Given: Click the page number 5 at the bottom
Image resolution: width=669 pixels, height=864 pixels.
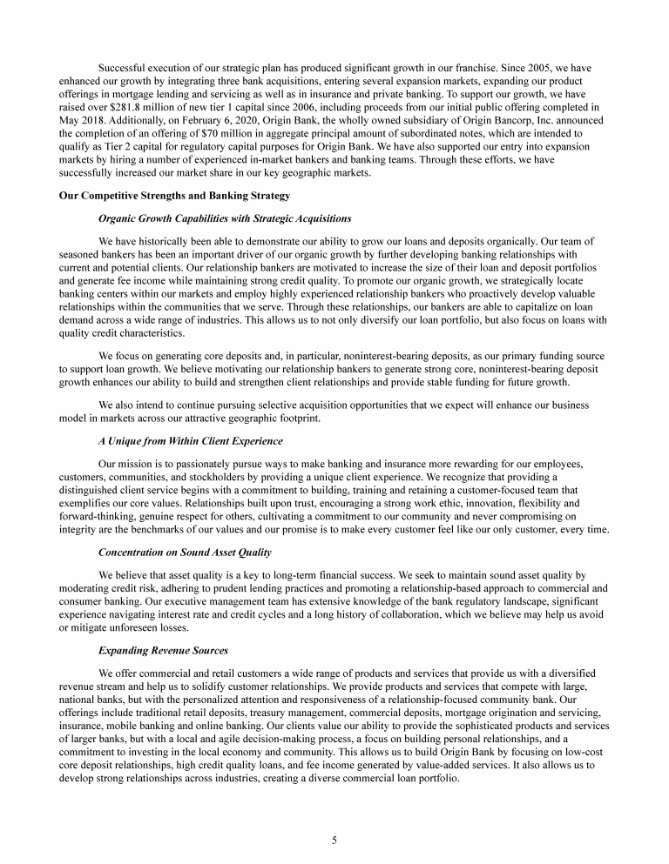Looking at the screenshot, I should point(334,840).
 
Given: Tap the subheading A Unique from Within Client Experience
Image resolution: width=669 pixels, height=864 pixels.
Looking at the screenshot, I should point(191,441).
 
